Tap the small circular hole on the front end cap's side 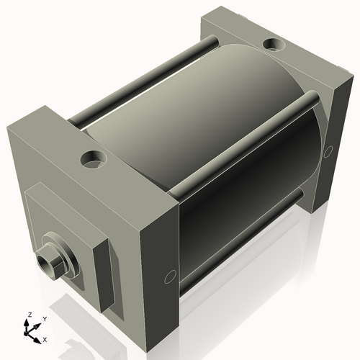(170, 276)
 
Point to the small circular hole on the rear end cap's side (328, 151)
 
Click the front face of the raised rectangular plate (61, 230)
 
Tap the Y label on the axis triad (44, 318)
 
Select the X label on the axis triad (45, 338)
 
